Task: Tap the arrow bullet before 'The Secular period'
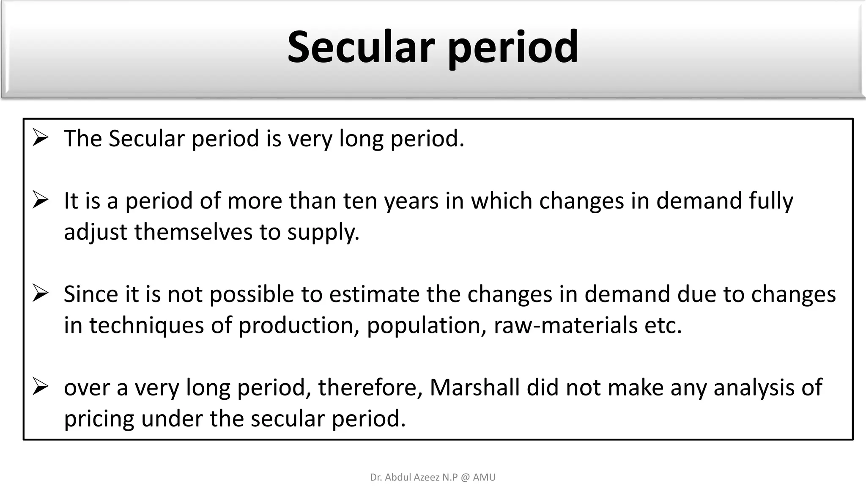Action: [41, 138]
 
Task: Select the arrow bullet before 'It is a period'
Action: [41, 201]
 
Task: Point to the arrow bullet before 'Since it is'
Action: [41, 294]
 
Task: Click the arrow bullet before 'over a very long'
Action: [41, 387]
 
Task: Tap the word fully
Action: [771, 201]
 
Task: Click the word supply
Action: [323, 233]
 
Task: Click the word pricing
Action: [99, 419]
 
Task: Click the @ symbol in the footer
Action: [465, 478]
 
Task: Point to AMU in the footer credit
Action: [484, 478]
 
